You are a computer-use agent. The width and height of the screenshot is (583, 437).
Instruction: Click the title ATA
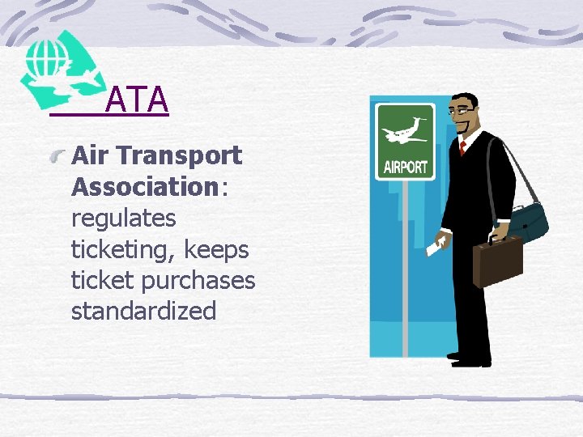click(136, 100)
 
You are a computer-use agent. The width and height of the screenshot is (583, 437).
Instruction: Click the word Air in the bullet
click(89, 155)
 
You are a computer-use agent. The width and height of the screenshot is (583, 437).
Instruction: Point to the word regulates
click(124, 218)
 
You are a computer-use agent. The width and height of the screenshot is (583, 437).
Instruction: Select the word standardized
click(143, 311)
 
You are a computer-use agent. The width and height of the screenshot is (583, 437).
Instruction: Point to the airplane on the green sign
click(406, 129)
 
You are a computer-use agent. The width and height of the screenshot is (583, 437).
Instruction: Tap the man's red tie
click(462, 148)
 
